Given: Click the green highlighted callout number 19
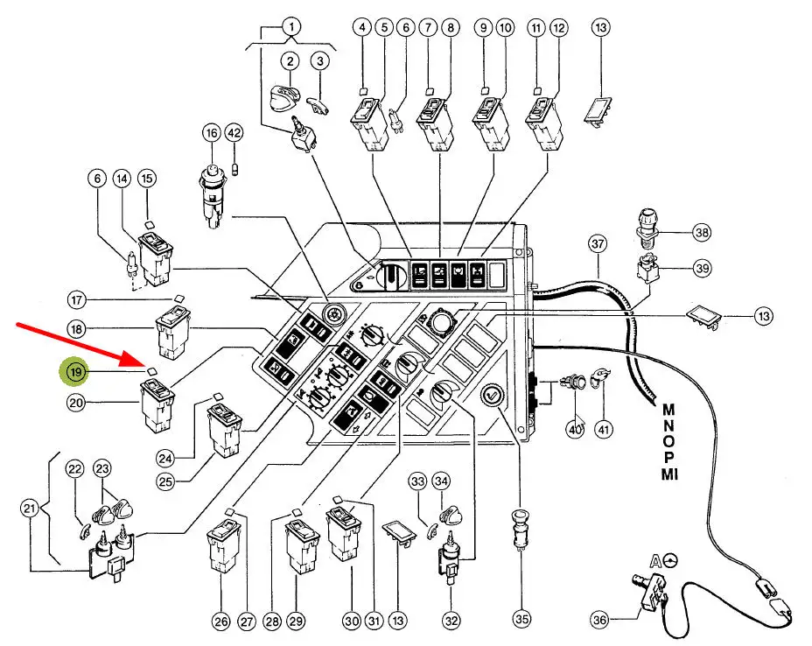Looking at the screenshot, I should click(x=77, y=372).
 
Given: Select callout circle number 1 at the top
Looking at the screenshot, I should click(x=290, y=26).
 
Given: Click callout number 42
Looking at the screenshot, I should click(x=234, y=133).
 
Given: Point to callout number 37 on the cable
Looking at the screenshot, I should click(x=598, y=242).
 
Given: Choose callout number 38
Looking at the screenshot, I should click(x=700, y=233).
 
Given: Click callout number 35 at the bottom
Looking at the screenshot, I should click(x=521, y=620).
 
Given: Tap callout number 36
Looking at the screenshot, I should click(x=598, y=620).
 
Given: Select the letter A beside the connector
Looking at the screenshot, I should click(x=654, y=561).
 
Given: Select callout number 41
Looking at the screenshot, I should click(x=604, y=429).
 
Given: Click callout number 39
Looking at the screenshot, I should click(x=701, y=268).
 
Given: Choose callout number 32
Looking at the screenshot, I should click(x=451, y=621).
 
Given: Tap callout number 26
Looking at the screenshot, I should click(x=220, y=621).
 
